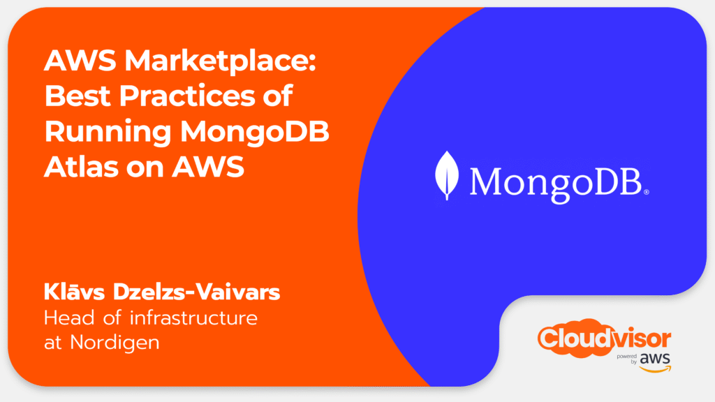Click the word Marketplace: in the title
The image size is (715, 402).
(220, 61)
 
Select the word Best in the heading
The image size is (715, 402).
(78, 96)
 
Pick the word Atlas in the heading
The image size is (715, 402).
(81, 166)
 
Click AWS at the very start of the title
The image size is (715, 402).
(80, 60)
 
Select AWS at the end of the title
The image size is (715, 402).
(208, 166)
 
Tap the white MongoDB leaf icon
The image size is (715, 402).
(447, 175)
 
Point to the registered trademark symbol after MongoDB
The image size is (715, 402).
(646, 193)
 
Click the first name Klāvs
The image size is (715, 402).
(74, 292)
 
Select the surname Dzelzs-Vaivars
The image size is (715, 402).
(196, 292)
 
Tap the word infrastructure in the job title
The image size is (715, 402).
(194, 318)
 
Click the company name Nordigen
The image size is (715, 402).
(115, 343)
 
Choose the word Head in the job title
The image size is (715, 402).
(69, 318)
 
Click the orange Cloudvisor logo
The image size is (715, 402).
(604, 338)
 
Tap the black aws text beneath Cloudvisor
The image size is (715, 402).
(655, 359)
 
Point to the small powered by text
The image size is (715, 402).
(628, 359)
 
